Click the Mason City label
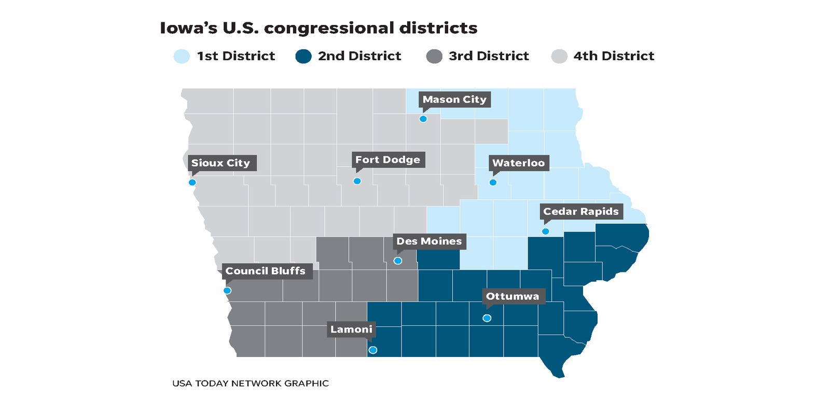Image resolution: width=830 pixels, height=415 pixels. (x=454, y=99)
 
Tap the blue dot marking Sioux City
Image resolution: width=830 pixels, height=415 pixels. (x=192, y=182)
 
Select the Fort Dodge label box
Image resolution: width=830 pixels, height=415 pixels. (x=388, y=159)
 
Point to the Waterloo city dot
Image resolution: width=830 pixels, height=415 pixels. (x=493, y=182)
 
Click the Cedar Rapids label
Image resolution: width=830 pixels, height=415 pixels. (x=580, y=211)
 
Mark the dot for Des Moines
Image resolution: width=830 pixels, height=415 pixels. (x=398, y=261)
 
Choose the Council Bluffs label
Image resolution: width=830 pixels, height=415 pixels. (x=265, y=271)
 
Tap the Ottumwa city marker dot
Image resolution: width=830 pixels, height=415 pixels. (x=487, y=318)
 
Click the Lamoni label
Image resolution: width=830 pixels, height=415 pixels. (x=351, y=329)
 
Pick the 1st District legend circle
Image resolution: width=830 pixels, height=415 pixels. (x=182, y=56)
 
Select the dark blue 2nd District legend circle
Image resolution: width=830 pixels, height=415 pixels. (x=303, y=56)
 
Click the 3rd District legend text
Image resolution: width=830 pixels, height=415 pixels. (x=489, y=56)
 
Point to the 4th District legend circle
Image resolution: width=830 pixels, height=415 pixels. (x=559, y=56)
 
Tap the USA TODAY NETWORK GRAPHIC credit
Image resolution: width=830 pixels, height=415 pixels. (x=250, y=383)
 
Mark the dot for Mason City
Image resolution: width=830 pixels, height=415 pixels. (x=423, y=119)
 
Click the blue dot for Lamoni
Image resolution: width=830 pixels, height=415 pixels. (x=372, y=350)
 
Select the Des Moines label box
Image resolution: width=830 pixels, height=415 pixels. (x=428, y=241)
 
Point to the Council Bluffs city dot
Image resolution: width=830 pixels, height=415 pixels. (x=227, y=290)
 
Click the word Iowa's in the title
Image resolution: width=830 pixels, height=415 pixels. (x=188, y=28)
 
